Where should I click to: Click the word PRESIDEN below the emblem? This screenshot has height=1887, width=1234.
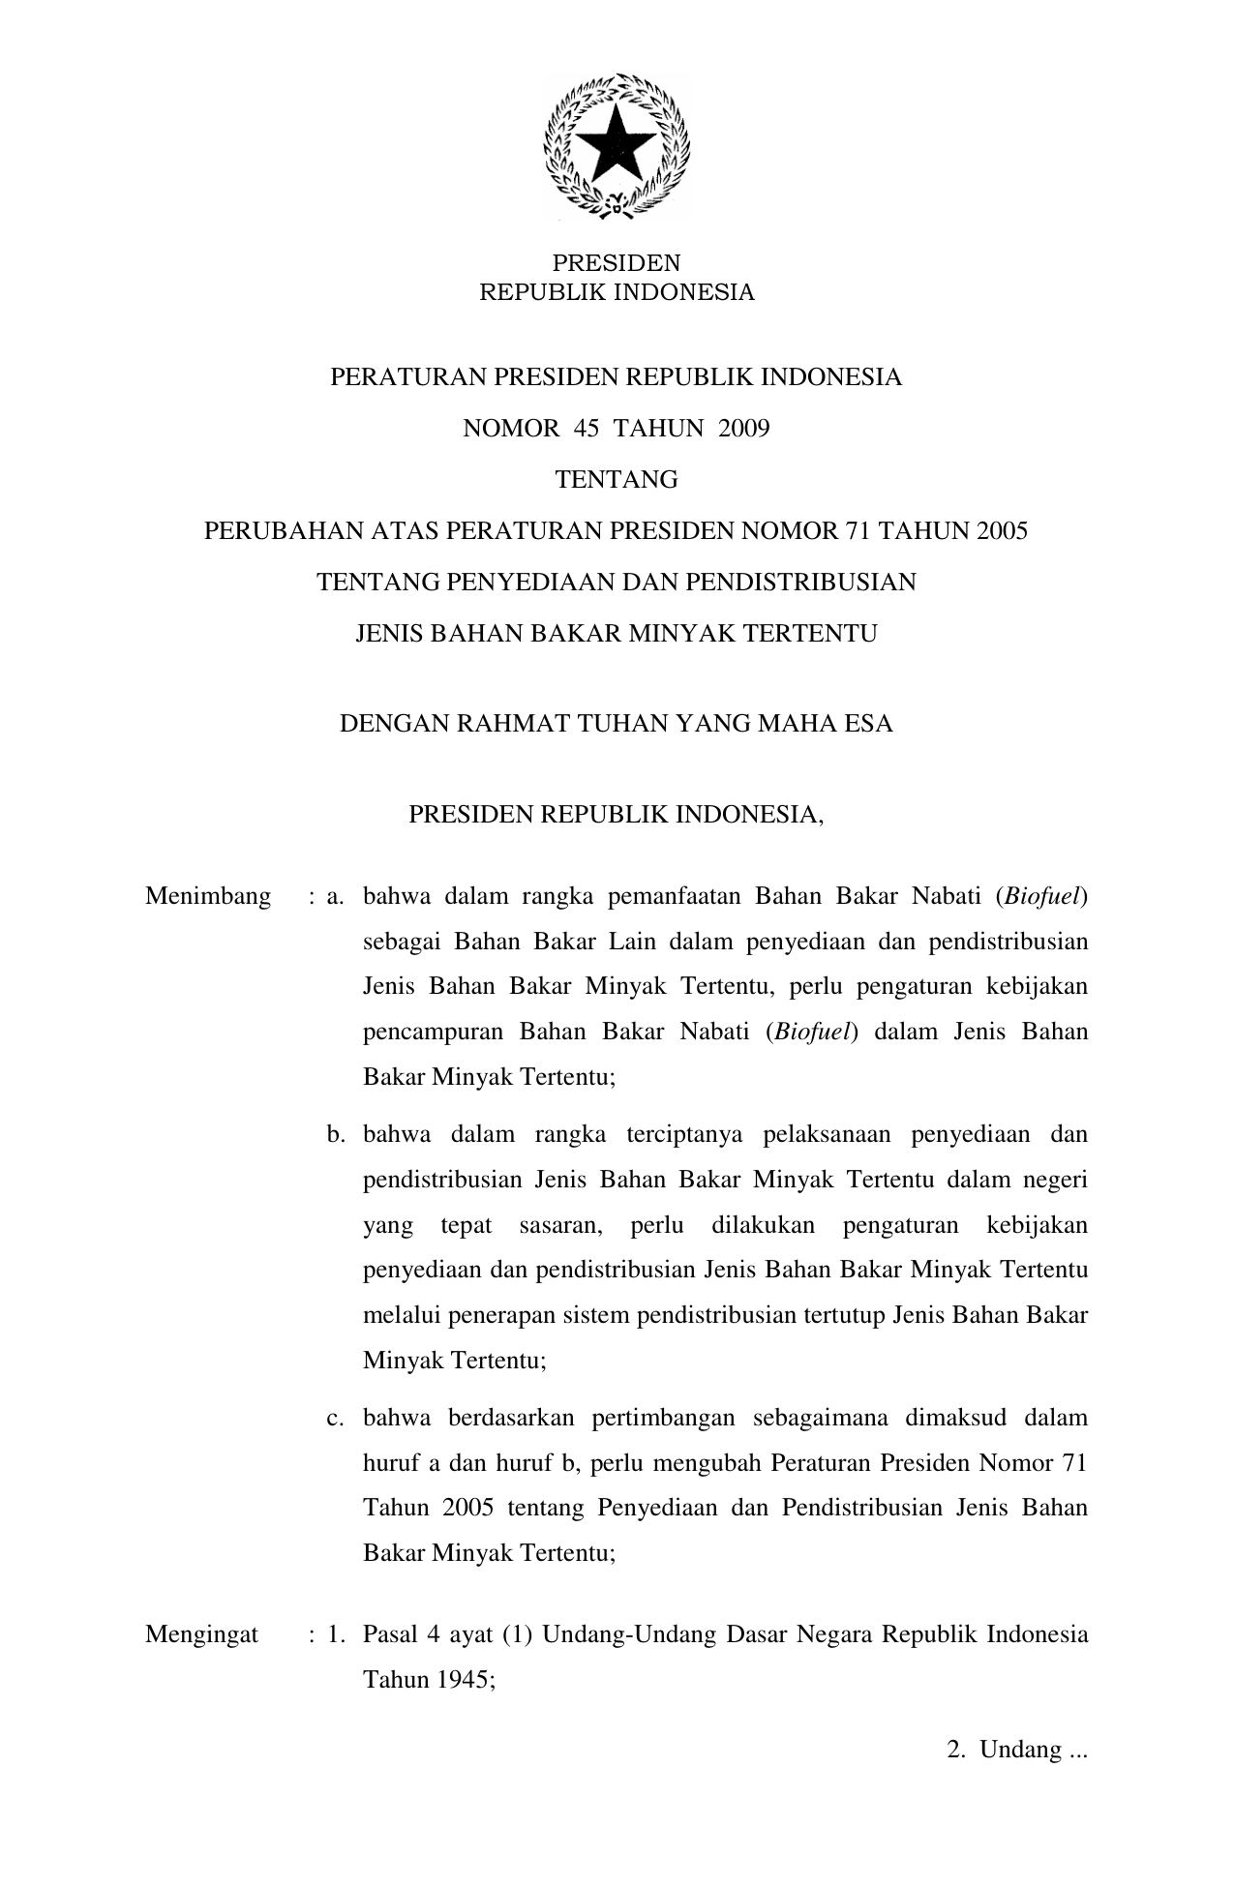[616, 263]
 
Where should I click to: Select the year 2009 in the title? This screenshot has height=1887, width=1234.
[743, 428]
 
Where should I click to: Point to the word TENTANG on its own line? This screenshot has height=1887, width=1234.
[616, 479]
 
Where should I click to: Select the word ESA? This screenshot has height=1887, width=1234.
[868, 723]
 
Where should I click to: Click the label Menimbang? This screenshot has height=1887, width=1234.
[208, 896]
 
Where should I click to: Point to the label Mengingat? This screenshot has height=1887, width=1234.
[201, 1634]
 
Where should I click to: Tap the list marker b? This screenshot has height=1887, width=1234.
[336, 1134]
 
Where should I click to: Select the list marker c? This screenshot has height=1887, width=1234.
[336, 1418]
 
